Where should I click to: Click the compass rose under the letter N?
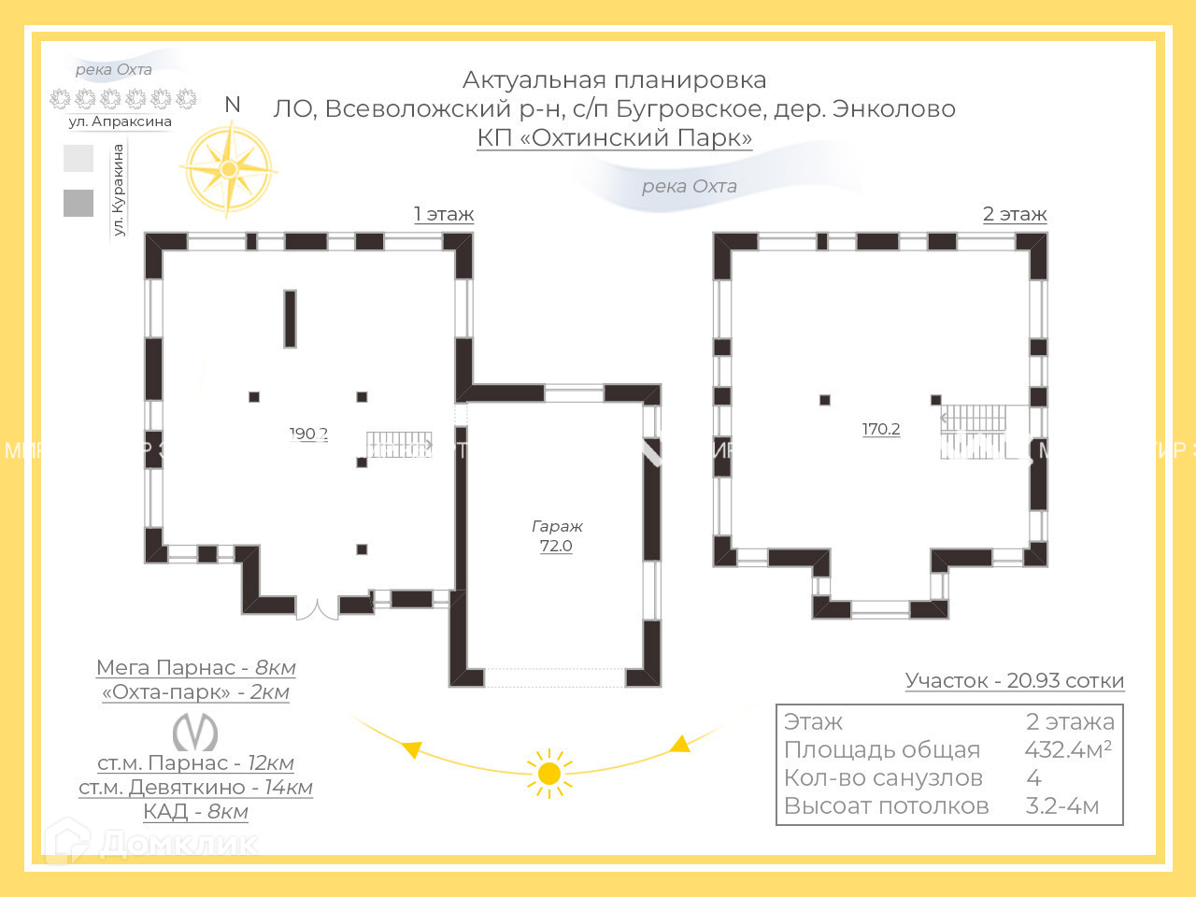pos(229,169)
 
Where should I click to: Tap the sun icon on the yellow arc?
pos(549,774)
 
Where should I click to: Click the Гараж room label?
pos(557,526)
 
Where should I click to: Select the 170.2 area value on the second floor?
pos(881,429)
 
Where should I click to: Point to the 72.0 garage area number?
pos(556,546)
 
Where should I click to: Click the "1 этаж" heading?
pos(444,214)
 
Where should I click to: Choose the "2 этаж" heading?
pos(1014,214)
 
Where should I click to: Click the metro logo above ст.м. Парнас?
pos(195,733)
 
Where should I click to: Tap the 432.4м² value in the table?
pos(1067,749)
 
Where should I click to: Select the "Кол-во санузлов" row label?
pos(883,777)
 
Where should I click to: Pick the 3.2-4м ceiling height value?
pos(1061,805)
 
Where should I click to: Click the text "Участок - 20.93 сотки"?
pos(1014,680)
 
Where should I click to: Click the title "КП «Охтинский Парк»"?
pos(614,137)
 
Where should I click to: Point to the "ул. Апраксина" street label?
pos(120,121)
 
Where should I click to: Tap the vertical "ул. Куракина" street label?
pos(119,190)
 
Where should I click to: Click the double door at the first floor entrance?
pos(317,608)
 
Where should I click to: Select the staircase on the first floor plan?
pos(399,444)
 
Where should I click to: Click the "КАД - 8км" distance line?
pos(195,811)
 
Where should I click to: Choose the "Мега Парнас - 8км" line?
pos(195,667)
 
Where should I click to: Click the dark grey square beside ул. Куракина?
pos(78,203)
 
